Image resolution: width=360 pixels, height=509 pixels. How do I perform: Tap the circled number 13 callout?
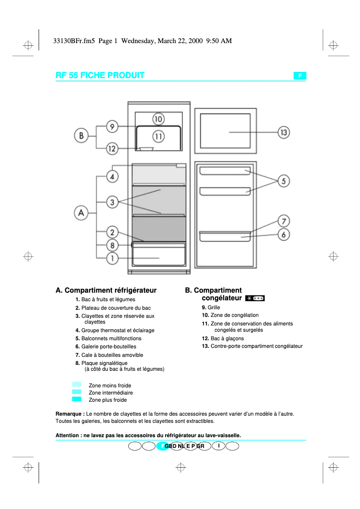[x=283, y=132]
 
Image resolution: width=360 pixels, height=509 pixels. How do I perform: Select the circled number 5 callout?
[x=283, y=181]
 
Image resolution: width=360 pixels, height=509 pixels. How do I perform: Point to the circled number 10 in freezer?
[x=158, y=119]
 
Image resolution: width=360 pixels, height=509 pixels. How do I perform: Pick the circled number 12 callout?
[x=112, y=149]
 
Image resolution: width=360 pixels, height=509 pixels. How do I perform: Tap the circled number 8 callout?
[x=112, y=245]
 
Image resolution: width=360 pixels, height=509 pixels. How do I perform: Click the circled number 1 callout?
[x=112, y=258]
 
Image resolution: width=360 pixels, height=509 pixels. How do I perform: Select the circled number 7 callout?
[x=283, y=221]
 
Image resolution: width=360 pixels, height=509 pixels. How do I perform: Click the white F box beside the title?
[x=300, y=76]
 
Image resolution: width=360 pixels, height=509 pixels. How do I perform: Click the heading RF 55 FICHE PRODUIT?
[x=100, y=75]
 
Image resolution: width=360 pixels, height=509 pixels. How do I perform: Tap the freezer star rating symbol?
[x=255, y=298]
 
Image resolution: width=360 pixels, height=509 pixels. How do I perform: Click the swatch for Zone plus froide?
[x=76, y=399]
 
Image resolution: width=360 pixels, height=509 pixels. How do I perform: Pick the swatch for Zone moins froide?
[x=76, y=385]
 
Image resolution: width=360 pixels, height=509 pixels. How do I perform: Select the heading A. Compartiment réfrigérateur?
[x=106, y=290]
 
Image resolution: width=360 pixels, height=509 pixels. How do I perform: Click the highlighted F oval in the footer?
[x=162, y=446]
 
